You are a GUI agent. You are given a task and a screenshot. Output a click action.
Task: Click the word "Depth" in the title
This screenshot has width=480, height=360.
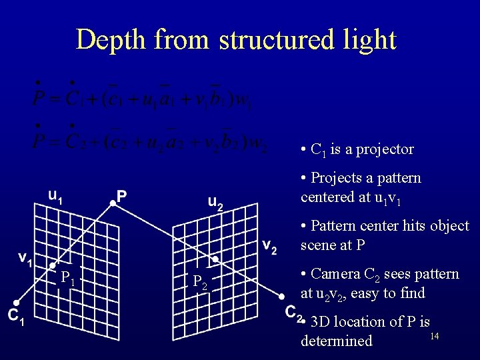click(111, 40)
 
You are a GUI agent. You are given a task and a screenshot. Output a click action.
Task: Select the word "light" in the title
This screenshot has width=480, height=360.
click(368, 40)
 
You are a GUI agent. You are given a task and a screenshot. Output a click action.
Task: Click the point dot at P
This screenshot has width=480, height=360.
click(112, 204)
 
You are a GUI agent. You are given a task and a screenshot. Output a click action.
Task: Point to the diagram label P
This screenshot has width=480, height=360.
click(122, 195)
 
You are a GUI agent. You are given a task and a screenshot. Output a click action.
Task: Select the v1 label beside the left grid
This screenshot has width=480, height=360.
click(26, 257)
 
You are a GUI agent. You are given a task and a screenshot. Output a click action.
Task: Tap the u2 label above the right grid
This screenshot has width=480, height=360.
click(215, 201)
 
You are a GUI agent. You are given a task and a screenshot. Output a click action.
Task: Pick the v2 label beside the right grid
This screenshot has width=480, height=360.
click(269, 246)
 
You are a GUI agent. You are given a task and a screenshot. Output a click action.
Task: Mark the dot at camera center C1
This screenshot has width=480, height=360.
click(15, 302)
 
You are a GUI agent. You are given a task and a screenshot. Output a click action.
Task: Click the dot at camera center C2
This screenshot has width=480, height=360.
click(282, 296)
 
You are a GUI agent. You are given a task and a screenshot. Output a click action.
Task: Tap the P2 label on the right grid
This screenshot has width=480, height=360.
click(200, 283)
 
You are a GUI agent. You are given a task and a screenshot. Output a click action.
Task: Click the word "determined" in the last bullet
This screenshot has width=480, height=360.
click(336, 341)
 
